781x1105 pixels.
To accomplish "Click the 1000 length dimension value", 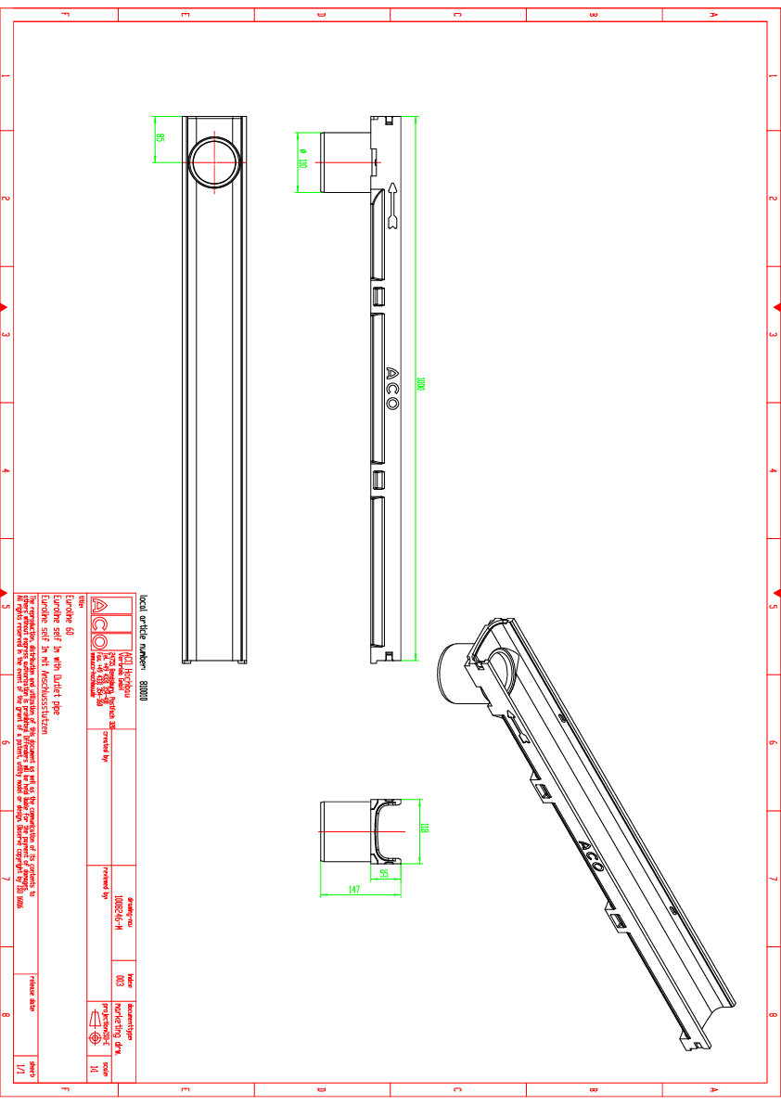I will (420, 384).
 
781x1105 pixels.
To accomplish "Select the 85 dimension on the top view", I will (160, 137).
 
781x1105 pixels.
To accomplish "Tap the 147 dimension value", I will (354, 890).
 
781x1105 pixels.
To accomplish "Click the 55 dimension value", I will (384, 873).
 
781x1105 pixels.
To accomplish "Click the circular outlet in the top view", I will (214, 162).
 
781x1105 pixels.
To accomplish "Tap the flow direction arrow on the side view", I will (393, 205).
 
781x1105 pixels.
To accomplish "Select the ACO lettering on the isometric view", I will (589, 854).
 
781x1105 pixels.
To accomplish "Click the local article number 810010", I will (143, 691).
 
